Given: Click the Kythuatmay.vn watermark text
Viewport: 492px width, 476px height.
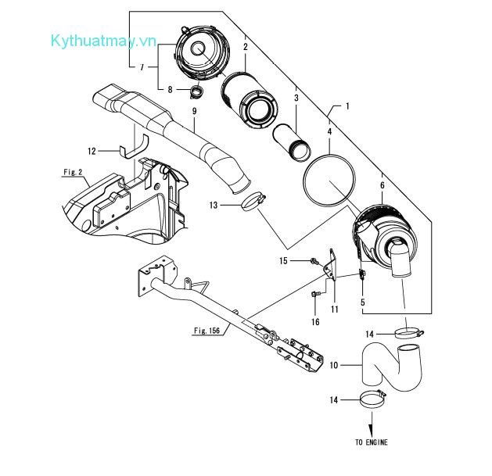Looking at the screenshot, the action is pyautogui.click(x=103, y=41).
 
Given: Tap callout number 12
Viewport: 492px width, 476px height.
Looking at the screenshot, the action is pyautogui.click(x=92, y=151).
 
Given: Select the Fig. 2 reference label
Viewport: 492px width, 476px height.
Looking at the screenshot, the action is pyautogui.click(x=73, y=172).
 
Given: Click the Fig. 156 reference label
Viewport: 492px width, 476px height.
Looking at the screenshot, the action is pyautogui.click(x=206, y=331).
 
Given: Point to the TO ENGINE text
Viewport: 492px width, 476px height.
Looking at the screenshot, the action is pyautogui.click(x=372, y=442).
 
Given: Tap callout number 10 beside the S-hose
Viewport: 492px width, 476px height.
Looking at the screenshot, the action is pyautogui.click(x=334, y=365).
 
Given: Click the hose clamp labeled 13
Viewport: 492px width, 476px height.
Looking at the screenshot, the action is pyautogui.click(x=253, y=202).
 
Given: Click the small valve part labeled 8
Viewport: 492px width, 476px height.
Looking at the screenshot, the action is pyautogui.click(x=197, y=91).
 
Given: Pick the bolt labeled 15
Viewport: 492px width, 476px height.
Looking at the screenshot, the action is pyautogui.click(x=314, y=261).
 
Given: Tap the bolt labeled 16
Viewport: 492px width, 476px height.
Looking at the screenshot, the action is pyautogui.click(x=315, y=294).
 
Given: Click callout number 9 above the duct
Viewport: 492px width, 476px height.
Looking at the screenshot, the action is pyautogui.click(x=194, y=111).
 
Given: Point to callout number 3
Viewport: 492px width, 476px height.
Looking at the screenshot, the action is pyautogui.click(x=296, y=98).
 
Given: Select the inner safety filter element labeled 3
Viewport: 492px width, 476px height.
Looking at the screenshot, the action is pyautogui.click(x=292, y=142).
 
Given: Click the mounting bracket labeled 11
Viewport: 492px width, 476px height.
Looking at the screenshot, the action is pyautogui.click(x=331, y=264).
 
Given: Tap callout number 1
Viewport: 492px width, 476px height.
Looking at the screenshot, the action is pyautogui.click(x=347, y=106).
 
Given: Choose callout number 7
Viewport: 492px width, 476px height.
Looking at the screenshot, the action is pyautogui.click(x=142, y=67).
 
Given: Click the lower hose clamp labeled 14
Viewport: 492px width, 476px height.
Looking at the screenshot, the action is pyautogui.click(x=373, y=399).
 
